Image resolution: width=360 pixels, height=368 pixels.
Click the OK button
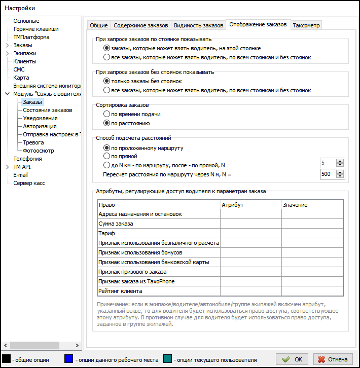tap(293, 359)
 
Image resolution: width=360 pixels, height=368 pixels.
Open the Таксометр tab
tap(307, 25)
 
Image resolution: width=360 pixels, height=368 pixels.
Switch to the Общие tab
tap(98, 25)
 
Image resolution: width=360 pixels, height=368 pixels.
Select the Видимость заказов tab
tap(198, 25)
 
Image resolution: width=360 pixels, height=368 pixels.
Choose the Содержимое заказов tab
tap(140, 25)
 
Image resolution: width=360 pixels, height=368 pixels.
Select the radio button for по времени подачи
tap(106, 114)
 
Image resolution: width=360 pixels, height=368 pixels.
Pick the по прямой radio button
tap(106, 156)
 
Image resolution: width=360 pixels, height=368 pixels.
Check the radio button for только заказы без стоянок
tap(106, 81)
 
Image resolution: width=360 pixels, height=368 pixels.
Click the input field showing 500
tap(328, 174)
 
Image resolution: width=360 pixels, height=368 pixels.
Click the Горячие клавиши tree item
tap(35, 29)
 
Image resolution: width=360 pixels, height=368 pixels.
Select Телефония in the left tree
tap(27, 159)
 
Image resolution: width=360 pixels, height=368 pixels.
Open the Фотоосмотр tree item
tap(39, 151)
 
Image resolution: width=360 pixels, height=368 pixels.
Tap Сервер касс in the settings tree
tap(29, 183)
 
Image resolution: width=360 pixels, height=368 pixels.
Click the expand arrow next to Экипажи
tap(7, 53)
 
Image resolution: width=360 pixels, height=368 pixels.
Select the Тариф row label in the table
tap(106, 233)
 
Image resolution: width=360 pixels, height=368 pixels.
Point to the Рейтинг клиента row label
tap(120, 291)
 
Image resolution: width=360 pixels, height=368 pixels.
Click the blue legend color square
tap(69, 359)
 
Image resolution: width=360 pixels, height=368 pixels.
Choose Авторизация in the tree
tap(40, 126)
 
